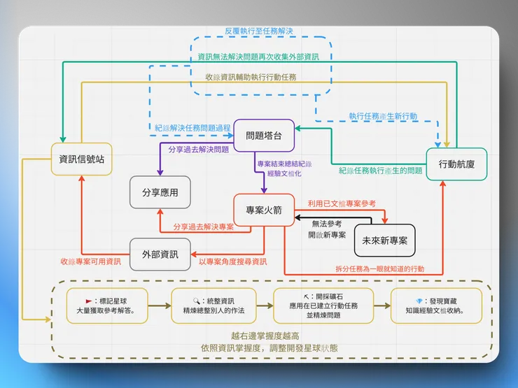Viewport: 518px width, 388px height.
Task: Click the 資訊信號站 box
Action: [x=82, y=159]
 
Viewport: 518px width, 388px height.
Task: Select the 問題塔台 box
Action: [x=264, y=136]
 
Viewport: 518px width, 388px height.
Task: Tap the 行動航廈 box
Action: [x=456, y=165]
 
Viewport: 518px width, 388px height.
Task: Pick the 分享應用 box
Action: [x=160, y=192]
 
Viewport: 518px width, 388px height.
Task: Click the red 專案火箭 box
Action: [x=263, y=210]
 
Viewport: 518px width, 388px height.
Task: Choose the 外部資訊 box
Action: [x=160, y=254]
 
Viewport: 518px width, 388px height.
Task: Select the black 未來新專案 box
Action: [x=385, y=240]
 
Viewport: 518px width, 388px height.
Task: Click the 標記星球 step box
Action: [x=107, y=305]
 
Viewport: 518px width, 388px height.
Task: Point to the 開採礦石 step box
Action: [x=323, y=305]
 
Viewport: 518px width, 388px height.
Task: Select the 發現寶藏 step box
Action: [x=437, y=305]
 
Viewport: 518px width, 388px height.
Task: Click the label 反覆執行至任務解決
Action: [x=258, y=32]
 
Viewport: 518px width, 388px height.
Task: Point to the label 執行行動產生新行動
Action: [x=383, y=116]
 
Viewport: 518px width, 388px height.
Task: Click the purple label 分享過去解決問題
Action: [x=198, y=150]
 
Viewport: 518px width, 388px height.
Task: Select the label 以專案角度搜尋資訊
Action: [x=232, y=261]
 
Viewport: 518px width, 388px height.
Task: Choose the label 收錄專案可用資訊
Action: [x=90, y=261]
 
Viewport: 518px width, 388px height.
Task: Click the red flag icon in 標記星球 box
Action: [x=89, y=299]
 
